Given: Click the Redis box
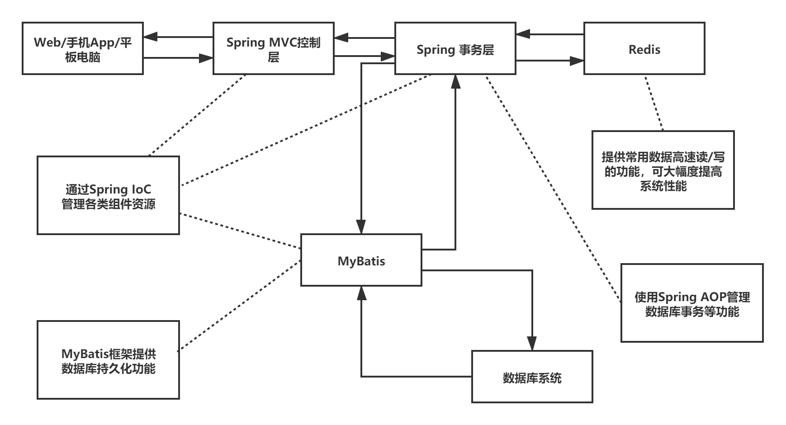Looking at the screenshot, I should [644, 49].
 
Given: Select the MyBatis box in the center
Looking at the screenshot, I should [361, 260].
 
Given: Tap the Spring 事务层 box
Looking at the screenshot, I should [455, 49].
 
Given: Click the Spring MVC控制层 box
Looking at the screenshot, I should [273, 49].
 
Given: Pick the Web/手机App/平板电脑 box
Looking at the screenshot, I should [83, 49].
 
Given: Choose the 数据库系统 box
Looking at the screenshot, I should [532, 377].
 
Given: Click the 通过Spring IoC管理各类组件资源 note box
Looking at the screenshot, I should [108, 195].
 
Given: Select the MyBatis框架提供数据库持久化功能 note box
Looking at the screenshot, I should [108, 360].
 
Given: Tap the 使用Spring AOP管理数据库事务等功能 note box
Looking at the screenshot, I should [691, 303].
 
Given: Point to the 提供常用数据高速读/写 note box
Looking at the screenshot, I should [663, 170].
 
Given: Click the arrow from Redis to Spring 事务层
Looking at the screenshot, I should [549, 34].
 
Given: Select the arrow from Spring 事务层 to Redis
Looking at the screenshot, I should [549, 60].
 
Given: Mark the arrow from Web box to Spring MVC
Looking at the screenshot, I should [178, 58].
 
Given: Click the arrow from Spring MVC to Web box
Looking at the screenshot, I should [178, 37].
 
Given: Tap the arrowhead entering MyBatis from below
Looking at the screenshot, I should [361, 293].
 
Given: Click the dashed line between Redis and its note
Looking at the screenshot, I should [654, 103].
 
